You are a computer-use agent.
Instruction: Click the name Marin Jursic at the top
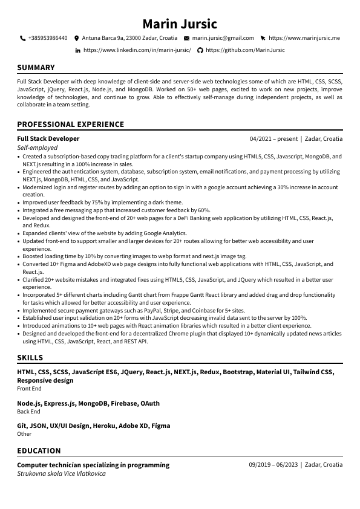(180, 24)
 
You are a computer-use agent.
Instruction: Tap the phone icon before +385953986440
(23, 38)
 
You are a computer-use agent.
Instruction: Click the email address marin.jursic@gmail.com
(223, 38)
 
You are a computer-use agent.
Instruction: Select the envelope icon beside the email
(186, 38)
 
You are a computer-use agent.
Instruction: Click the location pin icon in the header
(77, 38)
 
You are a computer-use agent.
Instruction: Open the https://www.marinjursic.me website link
(304, 38)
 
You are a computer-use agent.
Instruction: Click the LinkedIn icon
(77, 50)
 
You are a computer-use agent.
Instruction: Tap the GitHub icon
(200, 50)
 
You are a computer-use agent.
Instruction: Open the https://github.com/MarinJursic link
(245, 50)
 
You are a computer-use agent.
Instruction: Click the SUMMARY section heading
(36, 68)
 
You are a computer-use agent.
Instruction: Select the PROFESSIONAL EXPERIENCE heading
(70, 125)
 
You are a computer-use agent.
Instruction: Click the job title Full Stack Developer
(48, 138)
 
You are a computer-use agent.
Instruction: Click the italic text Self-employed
(38, 148)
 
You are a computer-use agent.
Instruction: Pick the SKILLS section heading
(30, 358)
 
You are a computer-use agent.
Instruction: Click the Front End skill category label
(29, 389)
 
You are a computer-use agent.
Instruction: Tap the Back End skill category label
(28, 412)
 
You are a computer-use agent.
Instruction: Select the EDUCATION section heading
(39, 451)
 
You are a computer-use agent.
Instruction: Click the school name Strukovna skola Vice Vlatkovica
(61, 474)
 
